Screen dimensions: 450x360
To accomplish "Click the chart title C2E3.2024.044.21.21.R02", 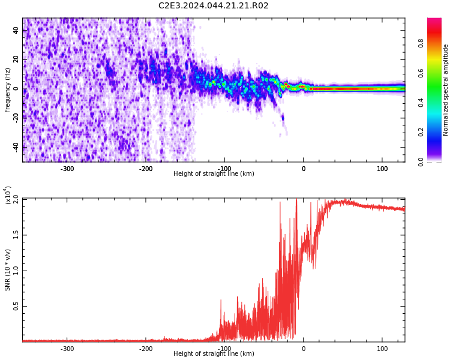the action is pos(213,5).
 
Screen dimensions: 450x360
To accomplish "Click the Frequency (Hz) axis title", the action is pos(7,90).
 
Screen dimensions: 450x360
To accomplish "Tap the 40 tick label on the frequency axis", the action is pos(16,30).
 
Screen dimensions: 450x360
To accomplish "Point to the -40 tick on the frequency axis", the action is pos(16,148).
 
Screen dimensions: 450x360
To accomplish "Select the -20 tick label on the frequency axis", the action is pos(16,118).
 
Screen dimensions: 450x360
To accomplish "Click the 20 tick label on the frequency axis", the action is pos(16,59).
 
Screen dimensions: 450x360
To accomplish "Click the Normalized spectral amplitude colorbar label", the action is pos(445,90).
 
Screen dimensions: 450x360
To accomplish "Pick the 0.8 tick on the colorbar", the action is pos(421,43).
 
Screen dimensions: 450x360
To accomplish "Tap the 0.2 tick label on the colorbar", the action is pos(421,132).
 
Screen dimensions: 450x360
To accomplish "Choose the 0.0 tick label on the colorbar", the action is pos(421,162).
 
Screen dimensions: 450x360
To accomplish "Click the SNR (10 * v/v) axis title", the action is pos(7,269).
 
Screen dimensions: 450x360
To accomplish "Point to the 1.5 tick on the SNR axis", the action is pos(16,235).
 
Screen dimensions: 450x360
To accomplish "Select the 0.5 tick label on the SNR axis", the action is pos(16,307).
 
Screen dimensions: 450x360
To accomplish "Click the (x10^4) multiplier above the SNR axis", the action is pos(8,195).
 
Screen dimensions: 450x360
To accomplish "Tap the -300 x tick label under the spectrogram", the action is pos(67,169).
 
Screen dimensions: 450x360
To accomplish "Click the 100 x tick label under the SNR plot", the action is pos(382,349).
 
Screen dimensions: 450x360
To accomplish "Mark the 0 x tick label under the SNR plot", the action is pos(304,349).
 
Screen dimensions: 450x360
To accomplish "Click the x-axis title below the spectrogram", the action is pos(214,173).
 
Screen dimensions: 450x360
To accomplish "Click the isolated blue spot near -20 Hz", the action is pos(283,118).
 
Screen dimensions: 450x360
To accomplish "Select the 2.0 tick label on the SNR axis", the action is pos(16,199).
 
